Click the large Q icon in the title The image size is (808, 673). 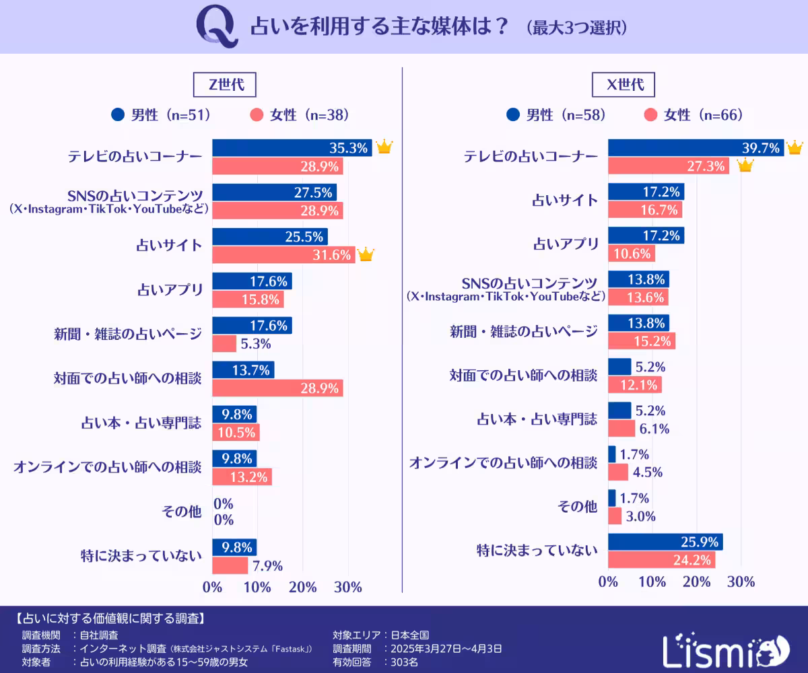[x=216, y=28]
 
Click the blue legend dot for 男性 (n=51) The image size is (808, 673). [x=119, y=115]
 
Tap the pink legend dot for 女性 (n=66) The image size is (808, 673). [x=650, y=115]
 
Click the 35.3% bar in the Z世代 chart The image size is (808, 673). [x=292, y=147]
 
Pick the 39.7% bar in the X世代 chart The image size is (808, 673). [x=696, y=147]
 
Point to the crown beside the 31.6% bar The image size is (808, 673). [x=366, y=254]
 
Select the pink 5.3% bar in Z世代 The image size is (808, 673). [x=224, y=343]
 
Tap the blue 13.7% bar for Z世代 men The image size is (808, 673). [x=243, y=369]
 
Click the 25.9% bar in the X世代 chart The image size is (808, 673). [x=665, y=541]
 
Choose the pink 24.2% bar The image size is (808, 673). [x=661, y=559]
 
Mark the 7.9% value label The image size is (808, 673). [x=267, y=565]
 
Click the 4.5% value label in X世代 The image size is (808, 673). [x=647, y=472]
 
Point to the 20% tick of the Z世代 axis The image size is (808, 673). [x=303, y=587]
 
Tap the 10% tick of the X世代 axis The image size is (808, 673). [x=652, y=581]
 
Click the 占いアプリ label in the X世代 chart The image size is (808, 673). [x=566, y=244]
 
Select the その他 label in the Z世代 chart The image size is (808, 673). [x=182, y=511]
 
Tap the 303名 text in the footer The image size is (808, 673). [x=405, y=662]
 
